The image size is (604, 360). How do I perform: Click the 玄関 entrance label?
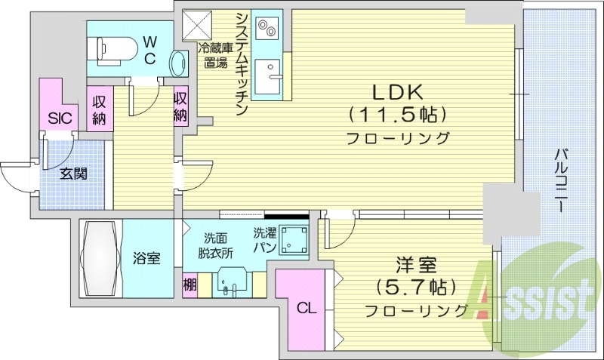73,174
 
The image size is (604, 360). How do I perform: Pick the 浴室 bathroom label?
146,259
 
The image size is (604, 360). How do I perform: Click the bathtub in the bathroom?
101,257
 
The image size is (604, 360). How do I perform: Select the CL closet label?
305,308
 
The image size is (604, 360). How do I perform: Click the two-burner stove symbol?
267,29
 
